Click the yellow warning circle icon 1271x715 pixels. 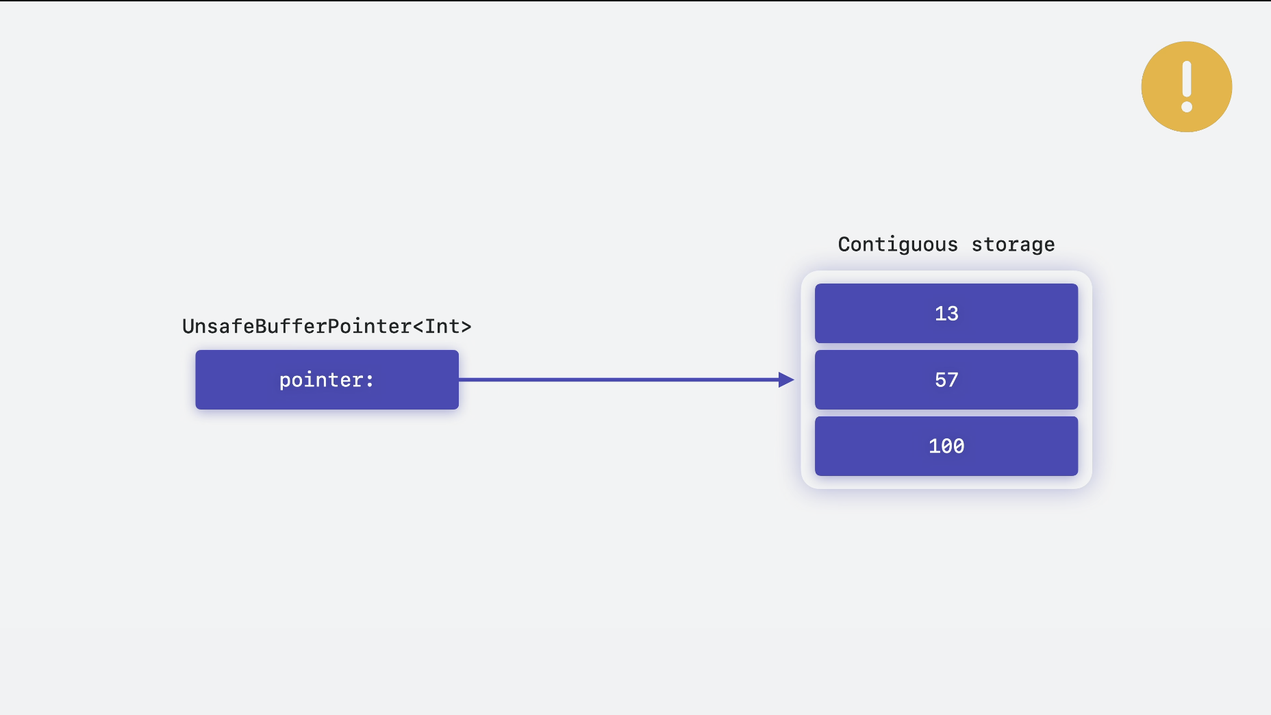coord(1187,87)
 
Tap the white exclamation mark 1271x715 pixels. coord(1187,87)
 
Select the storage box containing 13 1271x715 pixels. coord(946,313)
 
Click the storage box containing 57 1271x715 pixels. coord(946,379)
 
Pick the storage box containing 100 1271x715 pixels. coord(946,446)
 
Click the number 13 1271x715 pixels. coord(946,314)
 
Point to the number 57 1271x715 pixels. coord(946,380)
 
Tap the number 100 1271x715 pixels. coord(946,447)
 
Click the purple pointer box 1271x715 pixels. coord(327,379)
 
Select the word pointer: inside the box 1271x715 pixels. coord(327,380)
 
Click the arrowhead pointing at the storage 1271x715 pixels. coord(787,379)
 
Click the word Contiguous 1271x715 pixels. coord(898,244)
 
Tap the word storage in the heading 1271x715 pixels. coord(1013,244)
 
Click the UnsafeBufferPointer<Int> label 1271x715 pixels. coord(327,326)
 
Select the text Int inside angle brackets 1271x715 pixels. coord(442,326)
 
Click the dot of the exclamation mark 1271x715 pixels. coord(1187,107)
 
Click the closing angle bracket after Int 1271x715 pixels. coord(466,327)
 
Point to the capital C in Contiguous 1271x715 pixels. coord(844,244)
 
